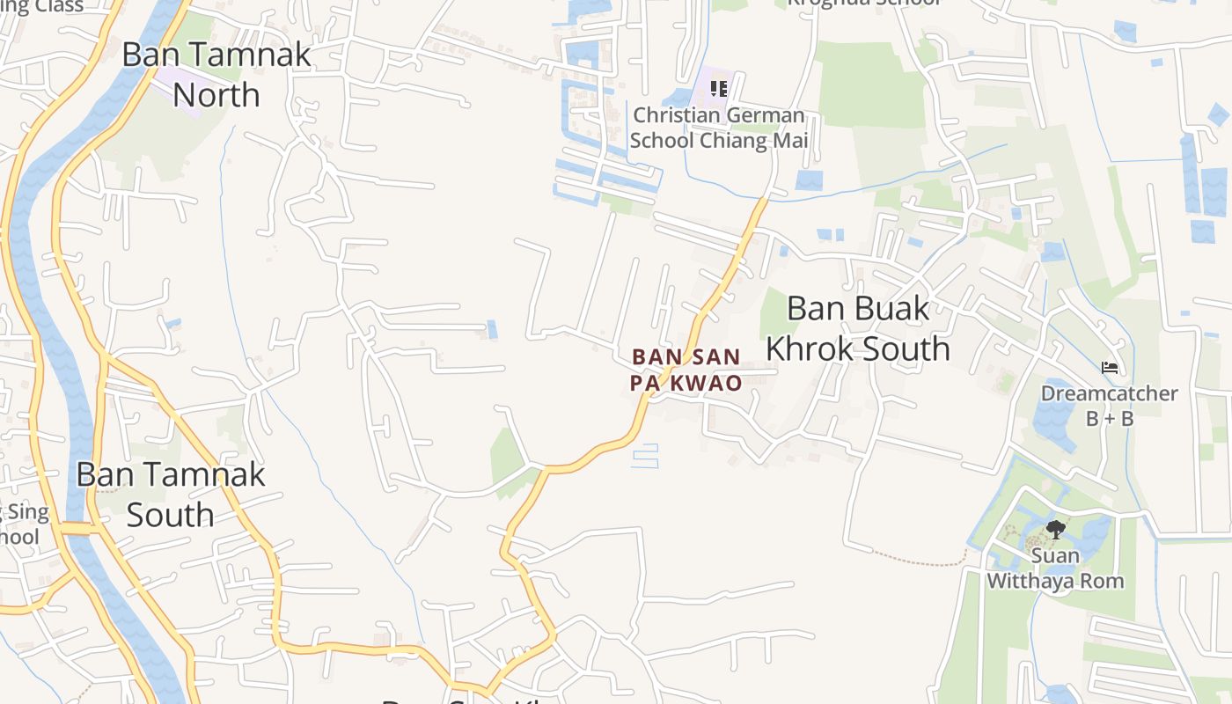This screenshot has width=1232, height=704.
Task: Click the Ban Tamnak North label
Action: [216, 74]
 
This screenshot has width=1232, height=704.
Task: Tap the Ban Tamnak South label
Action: [170, 494]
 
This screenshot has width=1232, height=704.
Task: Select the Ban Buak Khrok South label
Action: [858, 328]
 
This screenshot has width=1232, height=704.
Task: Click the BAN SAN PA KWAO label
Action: [686, 370]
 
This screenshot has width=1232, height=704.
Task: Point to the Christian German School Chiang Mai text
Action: [718, 128]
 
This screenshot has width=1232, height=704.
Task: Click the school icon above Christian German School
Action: [719, 89]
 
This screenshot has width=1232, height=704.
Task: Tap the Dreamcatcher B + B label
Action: [1109, 405]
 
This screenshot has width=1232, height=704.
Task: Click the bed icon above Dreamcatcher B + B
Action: [1110, 366]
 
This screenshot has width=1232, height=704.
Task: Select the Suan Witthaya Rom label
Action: [1055, 568]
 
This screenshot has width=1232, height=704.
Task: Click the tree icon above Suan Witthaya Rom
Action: [1055, 530]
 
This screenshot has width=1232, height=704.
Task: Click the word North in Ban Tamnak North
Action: [216, 94]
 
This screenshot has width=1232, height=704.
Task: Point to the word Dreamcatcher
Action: [1109, 393]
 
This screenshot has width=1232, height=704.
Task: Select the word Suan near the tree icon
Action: [1055, 555]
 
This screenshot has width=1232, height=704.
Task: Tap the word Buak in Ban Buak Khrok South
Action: [885, 308]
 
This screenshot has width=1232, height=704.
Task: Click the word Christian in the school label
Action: [675, 115]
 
